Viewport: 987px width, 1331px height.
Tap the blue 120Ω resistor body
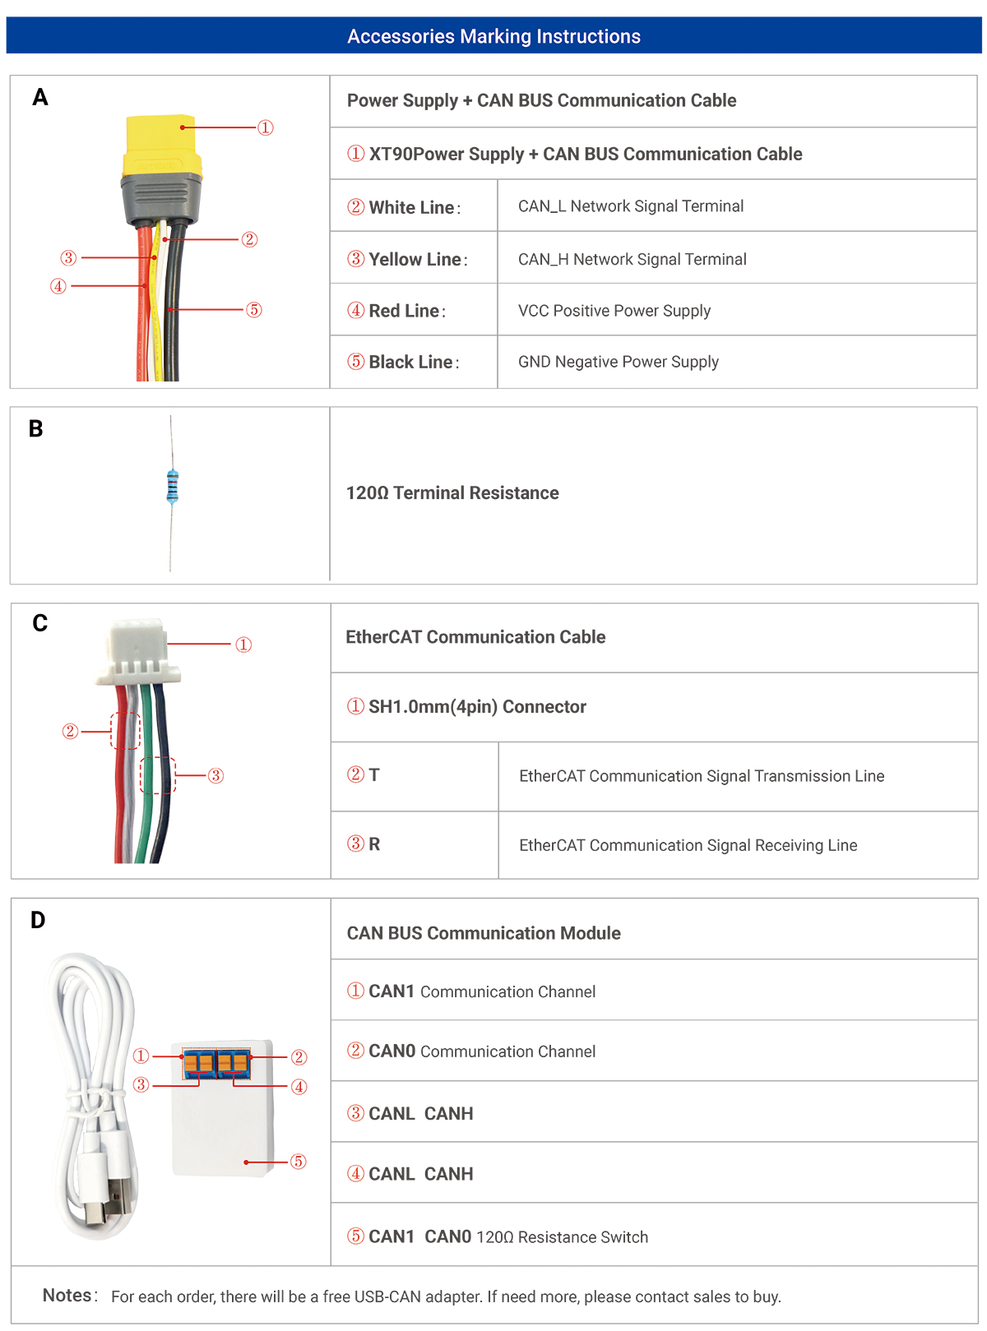172,486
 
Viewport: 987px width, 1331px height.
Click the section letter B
36,428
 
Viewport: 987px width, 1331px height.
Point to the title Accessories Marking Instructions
493,36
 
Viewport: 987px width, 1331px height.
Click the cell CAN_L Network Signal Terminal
630,206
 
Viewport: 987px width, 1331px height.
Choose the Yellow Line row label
407,259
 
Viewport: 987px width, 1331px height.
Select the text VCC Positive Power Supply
614,310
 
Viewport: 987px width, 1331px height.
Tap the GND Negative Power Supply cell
618,361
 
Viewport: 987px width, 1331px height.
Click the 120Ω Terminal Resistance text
452,492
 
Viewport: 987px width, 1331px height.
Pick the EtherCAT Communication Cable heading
475,636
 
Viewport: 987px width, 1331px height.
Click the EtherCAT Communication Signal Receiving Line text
688,844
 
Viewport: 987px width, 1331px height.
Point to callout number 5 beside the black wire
254,310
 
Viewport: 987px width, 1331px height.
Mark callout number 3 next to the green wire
215,775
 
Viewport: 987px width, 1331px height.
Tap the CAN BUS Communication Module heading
484,932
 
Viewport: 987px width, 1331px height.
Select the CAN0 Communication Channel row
471,1051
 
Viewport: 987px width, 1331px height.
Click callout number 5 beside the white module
299,1161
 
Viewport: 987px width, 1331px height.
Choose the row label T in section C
373,774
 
